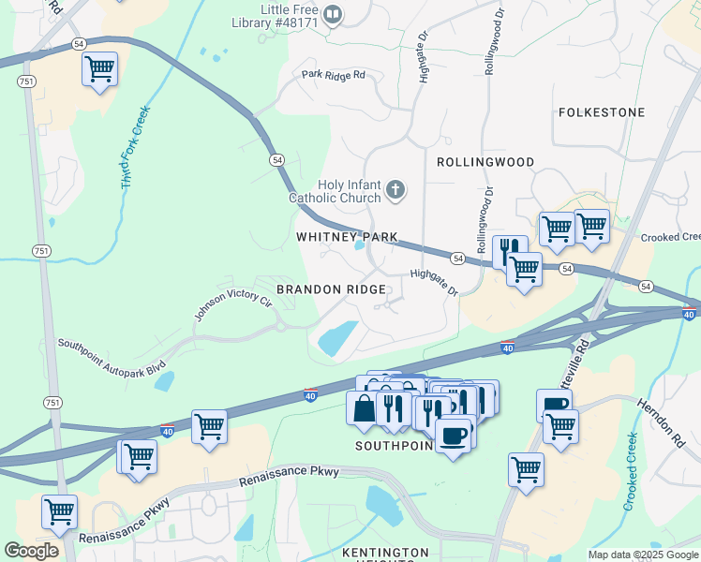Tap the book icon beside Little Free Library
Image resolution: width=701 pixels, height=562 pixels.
point(333,15)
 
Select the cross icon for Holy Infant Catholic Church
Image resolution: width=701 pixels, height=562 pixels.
point(395,191)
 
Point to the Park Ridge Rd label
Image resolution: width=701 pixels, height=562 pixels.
point(333,75)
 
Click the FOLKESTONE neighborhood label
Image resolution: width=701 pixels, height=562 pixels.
point(602,112)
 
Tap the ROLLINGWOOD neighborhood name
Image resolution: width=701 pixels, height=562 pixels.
point(485,162)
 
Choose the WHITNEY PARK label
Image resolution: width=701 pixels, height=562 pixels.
point(348,237)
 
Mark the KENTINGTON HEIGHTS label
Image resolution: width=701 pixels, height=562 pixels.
point(385,554)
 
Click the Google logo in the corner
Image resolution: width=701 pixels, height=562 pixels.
point(31,551)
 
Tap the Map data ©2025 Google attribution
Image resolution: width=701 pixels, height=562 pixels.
point(642,555)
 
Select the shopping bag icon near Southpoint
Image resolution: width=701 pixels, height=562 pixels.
point(363,407)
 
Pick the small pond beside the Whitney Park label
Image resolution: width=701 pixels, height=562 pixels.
point(360,247)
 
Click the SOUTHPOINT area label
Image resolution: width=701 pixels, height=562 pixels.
point(394,446)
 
